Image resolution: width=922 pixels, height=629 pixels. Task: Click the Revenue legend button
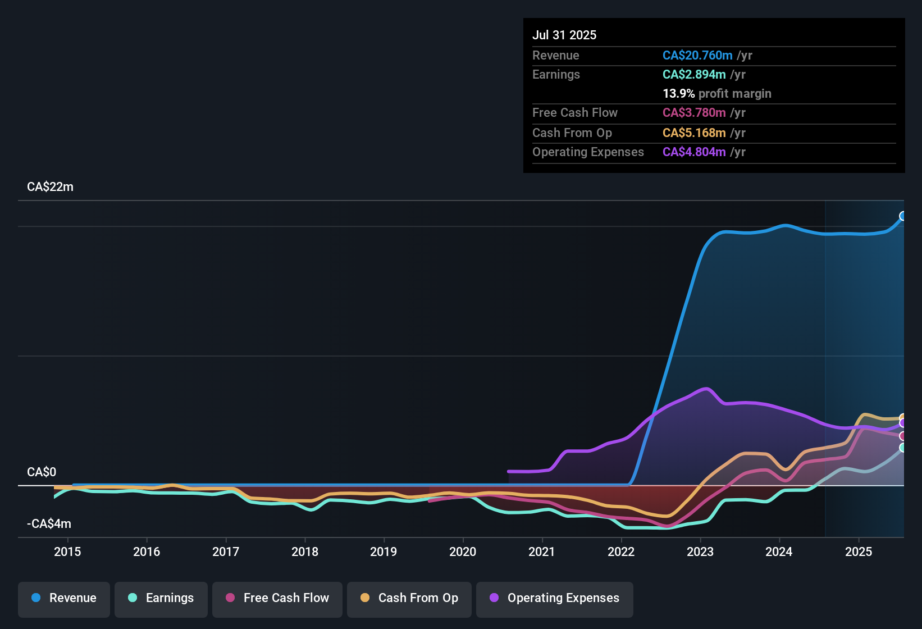[64, 598]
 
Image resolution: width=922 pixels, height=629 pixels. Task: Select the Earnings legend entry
[161, 598]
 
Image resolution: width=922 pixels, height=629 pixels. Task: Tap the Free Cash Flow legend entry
[277, 598]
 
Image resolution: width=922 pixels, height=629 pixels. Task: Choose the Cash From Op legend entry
[409, 598]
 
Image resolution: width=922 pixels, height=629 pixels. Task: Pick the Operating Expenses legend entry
[555, 598]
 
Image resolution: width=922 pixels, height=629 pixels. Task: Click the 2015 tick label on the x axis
[67, 552]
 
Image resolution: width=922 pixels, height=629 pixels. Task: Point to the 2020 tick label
[463, 552]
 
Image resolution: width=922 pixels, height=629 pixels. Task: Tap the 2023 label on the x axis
[700, 552]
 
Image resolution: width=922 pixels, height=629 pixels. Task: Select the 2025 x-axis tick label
[859, 552]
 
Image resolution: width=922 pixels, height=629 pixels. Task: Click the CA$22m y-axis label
[50, 187]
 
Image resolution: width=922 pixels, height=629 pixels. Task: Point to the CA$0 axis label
[42, 472]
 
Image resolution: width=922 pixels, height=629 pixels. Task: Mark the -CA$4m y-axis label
[49, 524]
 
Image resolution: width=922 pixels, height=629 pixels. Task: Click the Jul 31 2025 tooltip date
[564, 35]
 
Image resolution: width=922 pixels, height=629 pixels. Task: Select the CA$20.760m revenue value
[697, 56]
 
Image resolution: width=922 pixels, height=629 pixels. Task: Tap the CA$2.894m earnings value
[694, 75]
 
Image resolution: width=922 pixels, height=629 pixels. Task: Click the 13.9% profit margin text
[717, 94]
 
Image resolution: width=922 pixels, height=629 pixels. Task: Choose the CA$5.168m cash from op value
[694, 133]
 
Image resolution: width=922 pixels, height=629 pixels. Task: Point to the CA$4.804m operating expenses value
[694, 152]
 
